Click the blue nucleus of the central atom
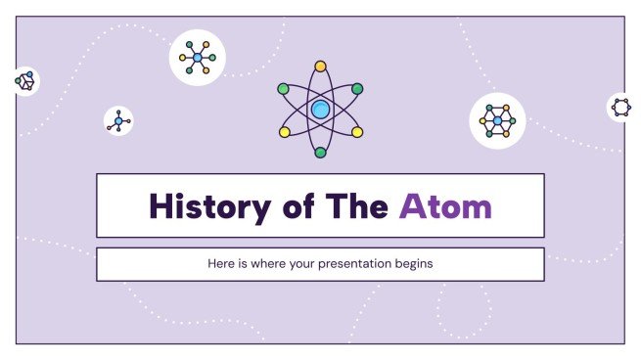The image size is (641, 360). point(320,110)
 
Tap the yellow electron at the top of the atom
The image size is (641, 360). point(320,67)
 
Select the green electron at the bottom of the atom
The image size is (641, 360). point(320,153)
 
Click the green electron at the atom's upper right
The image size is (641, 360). point(357,89)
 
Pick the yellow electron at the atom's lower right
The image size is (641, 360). point(357,131)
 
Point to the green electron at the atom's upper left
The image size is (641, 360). point(283,89)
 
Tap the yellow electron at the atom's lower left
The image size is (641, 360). point(284,131)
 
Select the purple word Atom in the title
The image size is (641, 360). point(445,206)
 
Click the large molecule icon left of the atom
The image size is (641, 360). point(198,58)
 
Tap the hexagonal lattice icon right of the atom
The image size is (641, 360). point(497,121)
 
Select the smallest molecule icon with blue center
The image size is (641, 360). point(118,121)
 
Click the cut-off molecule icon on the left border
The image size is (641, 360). point(24,82)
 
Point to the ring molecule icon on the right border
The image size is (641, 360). point(619,108)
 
